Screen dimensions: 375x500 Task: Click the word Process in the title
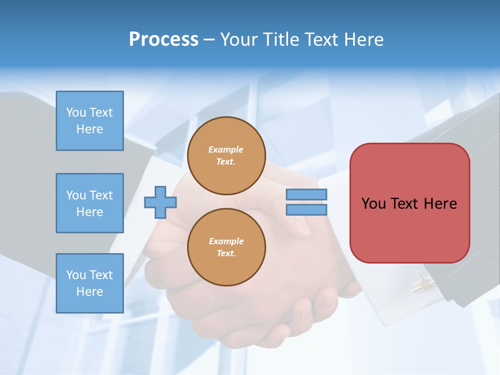[164, 39]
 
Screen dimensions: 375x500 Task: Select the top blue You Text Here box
[90, 121]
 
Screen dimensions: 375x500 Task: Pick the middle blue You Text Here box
[90, 203]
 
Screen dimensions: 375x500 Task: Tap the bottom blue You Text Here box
[90, 283]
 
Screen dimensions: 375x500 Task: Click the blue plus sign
[160, 203]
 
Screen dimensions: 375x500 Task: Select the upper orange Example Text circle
[227, 156]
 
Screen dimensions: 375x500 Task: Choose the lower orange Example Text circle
[227, 247]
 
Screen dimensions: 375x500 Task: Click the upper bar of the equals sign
[306, 194]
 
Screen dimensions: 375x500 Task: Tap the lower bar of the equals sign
[306, 210]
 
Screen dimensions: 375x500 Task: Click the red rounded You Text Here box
[409, 203]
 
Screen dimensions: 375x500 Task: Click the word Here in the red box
[440, 204]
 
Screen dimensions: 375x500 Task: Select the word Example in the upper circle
[226, 150]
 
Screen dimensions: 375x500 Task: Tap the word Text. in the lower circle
[226, 254]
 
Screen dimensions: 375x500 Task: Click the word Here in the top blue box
[90, 129]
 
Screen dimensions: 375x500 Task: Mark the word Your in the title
[240, 39]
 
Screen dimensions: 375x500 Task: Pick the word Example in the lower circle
[226, 242]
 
